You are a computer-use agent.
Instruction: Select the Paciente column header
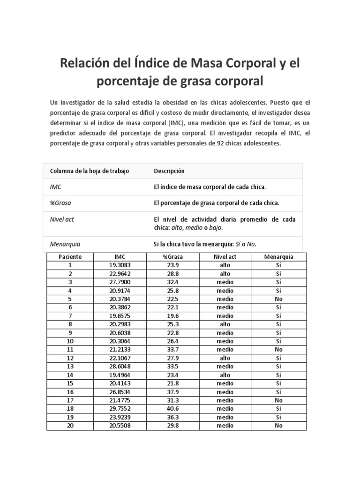click(x=70, y=257)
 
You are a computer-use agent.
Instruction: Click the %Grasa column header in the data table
click(x=173, y=257)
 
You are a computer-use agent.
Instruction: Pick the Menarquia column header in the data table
click(x=278, y=257)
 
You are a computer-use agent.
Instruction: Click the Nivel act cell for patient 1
click(x=225, y=265)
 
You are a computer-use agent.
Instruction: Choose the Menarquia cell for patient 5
click(x=278, y=299)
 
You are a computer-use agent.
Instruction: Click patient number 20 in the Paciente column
click(x=70, y=426)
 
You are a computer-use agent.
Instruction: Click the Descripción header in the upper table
click(x=169, y=171)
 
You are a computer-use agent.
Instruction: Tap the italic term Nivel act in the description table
click(x=62, y=219)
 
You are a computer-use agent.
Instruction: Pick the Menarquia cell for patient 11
click(x=278, y=350)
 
